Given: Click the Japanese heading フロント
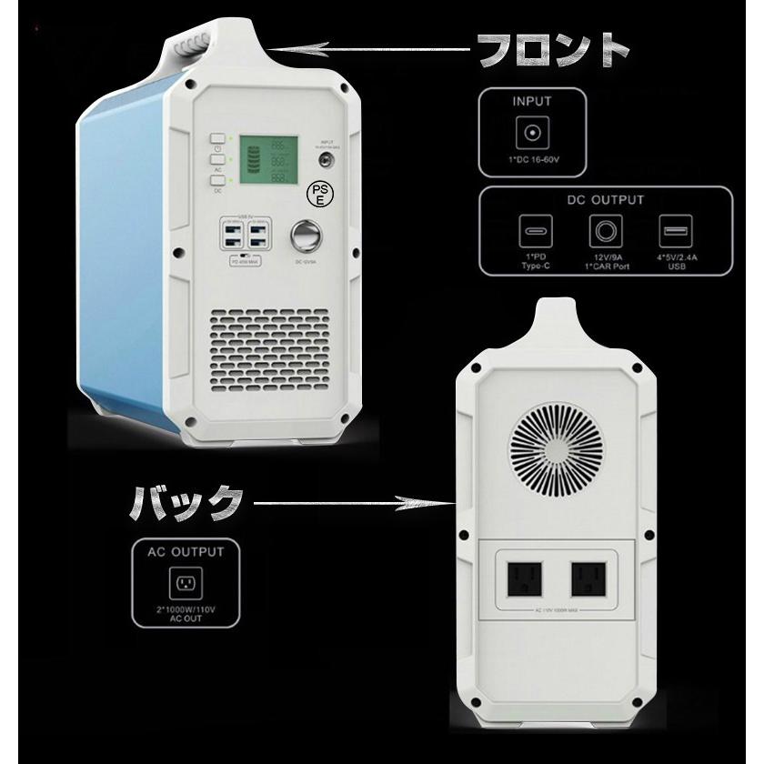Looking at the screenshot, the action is pyautogui.click(x=553, y=50).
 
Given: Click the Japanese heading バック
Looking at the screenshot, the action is pyautogui.click(x=187, y=501).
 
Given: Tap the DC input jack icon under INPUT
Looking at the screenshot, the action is pyautogui.click(x=532, y=135).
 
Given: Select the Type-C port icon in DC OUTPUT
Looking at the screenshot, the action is pyautogui.click(x=535, y=232).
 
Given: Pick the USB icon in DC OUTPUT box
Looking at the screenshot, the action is pyautogui.click(x=675, y=232).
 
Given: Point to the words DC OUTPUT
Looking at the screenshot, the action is pyautogui.click(x=605, y=200).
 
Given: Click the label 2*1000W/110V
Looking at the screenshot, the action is pyautogui.click(x=186, y=611).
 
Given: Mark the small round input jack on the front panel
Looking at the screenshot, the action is pyautogui.click(x=325, y=160).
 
